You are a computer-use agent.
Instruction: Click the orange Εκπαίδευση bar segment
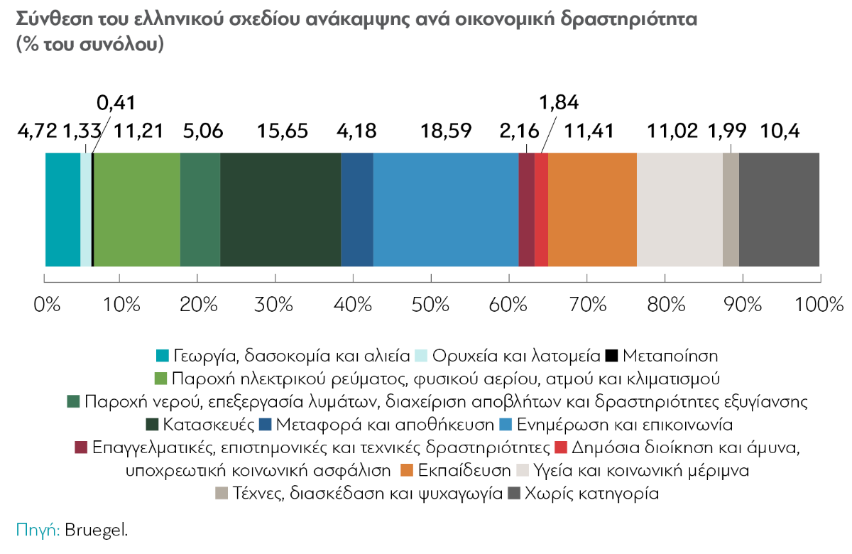click(592, 210)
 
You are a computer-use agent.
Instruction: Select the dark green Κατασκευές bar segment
click(280, 210)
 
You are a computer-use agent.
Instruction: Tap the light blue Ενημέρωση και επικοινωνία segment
click(445, 210)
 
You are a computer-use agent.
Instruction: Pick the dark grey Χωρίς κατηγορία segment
click(779, 210)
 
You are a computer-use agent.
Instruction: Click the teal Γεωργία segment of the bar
click(62, 210)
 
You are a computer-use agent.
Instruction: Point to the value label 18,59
click(445, 131)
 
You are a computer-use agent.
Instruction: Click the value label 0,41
click(115, 104)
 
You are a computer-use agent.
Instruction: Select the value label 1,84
click(559, 103)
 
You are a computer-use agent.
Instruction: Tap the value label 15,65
click(281, 131)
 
